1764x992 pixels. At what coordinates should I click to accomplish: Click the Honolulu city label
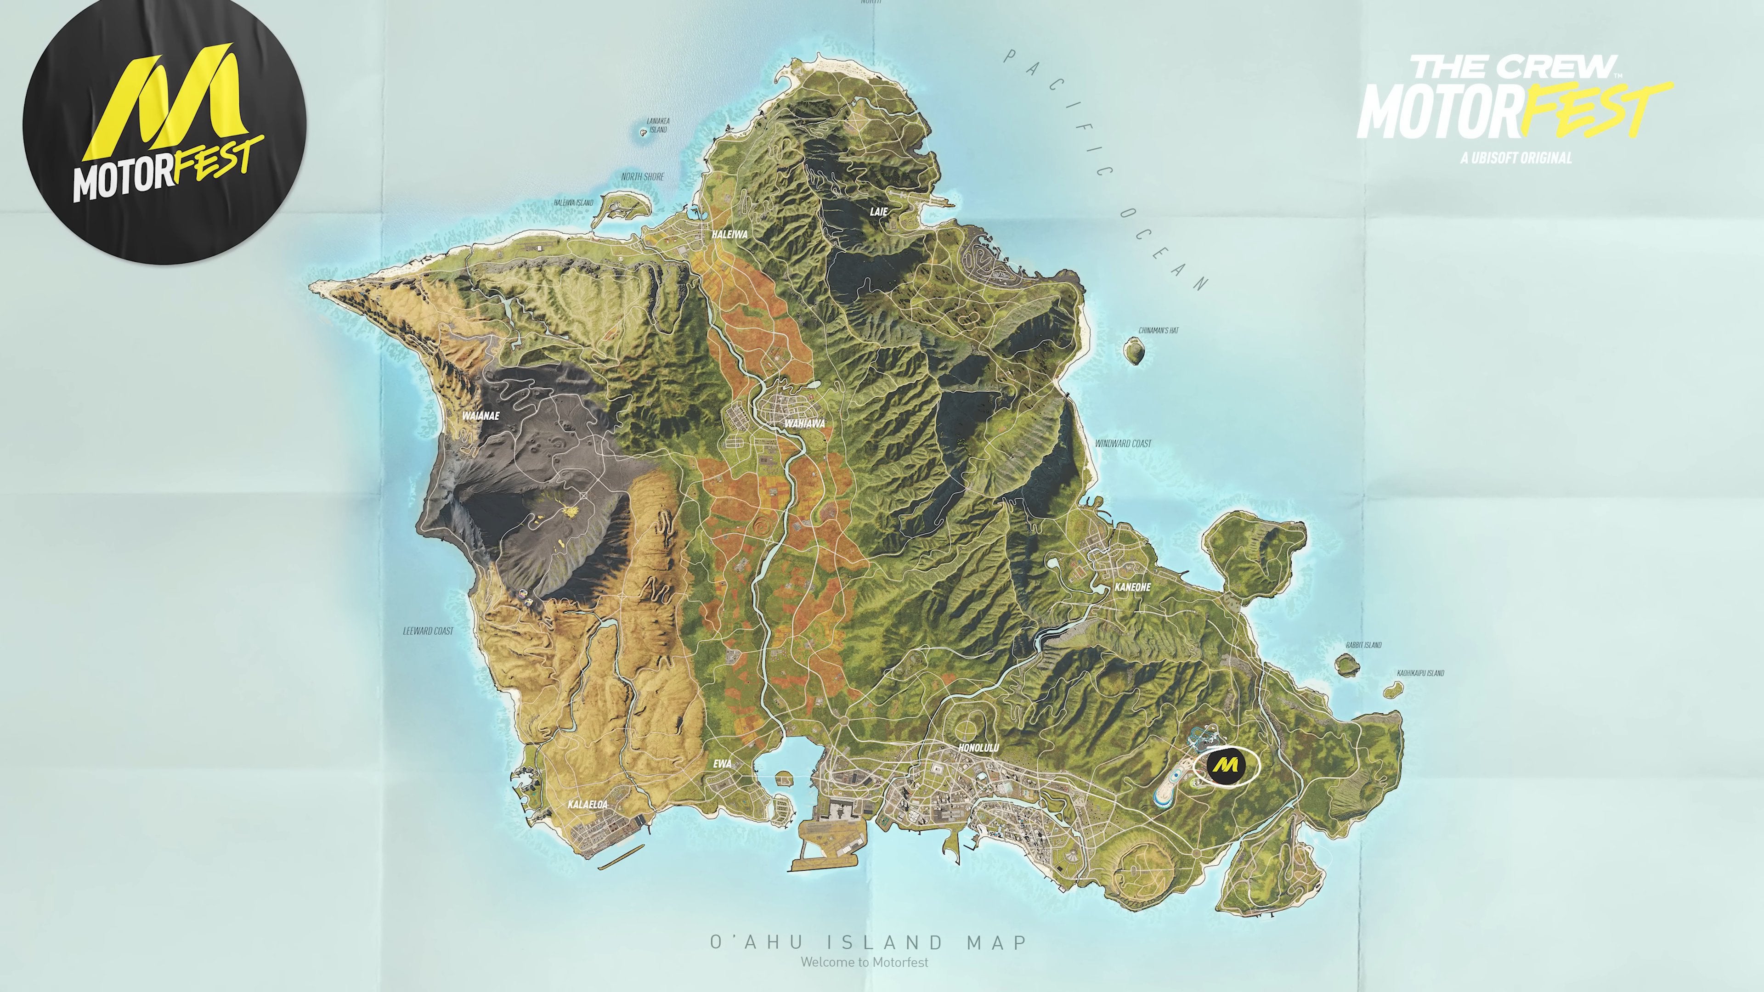[x=978, y=748]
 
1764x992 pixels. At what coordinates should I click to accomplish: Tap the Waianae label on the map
[x=481, y=416]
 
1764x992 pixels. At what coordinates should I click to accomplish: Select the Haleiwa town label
[x=729, y=234]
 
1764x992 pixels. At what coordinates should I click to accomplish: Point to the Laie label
[x=879, y=212]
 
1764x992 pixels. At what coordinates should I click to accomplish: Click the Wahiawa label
[x=805, y=424]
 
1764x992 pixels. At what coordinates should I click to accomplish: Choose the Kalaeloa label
[x=588, y=805]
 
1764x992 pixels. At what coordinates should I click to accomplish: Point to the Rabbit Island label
[x=1363, y=645]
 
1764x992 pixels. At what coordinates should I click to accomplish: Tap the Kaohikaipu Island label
[x=1420, y=673]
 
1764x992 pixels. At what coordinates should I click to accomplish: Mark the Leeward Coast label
[x=428, y=631]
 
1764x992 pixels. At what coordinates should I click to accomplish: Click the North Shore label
[x=642, y=177]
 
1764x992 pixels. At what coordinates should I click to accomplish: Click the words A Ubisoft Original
[x=1516, y=158]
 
